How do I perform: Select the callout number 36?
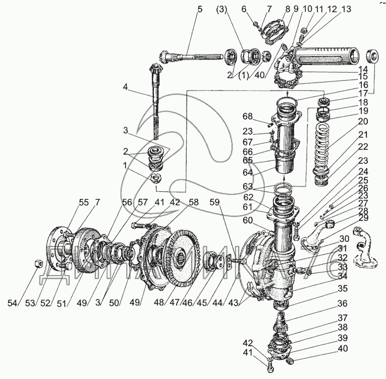pyautogui.click(x=343, y=305)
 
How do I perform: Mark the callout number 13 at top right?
pyautogui.click(x=346, y=9)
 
